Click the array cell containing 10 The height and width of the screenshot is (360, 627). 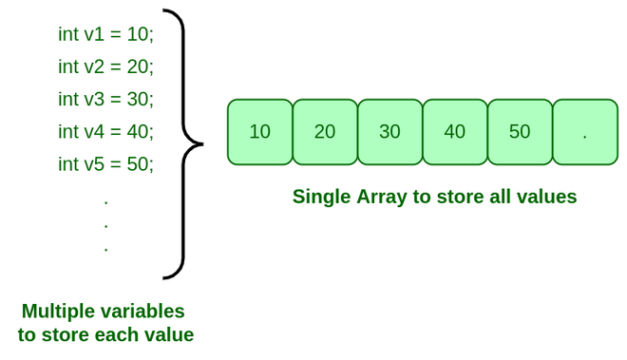coord(260,132)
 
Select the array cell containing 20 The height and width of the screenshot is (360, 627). coord(325,132)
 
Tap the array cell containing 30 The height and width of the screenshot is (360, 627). coord(389,132)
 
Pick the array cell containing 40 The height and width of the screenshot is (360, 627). coord(454,132)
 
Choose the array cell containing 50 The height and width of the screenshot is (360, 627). coord(520,132)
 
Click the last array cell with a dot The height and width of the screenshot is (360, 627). coord(584,132)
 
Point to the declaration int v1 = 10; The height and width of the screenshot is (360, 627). coord(105,34)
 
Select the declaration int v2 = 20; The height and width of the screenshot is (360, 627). coord(105,66)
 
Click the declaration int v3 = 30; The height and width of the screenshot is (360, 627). coord(105,99)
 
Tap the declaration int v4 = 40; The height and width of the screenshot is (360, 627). coord(105,131)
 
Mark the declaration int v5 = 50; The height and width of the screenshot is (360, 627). coord(105,163)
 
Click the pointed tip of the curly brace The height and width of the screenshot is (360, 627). coord(200,144)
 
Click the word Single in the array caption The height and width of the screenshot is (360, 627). coord(321,197)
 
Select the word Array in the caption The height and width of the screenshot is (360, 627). coord(384,197)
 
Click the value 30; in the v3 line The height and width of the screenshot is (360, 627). coord(140,99)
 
